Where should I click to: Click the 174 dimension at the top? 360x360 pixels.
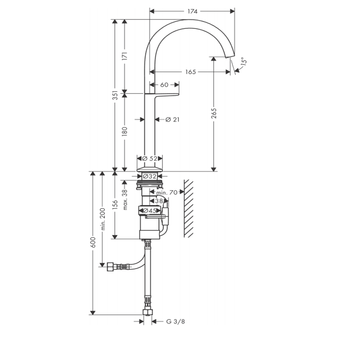[193, 11]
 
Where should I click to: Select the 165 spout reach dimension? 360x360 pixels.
[190, 72]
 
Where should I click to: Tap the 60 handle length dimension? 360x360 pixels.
[164, 85]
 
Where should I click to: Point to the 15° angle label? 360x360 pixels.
[244, 62]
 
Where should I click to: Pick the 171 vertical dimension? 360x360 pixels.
[125, 56]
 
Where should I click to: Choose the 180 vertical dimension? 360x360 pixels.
[125, 131]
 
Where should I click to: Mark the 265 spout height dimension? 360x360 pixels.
[214, 113]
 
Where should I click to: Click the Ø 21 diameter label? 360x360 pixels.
[172, 120]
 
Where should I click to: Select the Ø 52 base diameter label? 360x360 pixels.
[150, 158]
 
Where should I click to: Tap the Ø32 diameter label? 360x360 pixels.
[149, 176]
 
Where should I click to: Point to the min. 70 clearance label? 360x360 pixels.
[166, 193]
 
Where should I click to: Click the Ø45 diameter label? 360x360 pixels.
[149, 210]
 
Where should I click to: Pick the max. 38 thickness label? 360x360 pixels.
[125, 199]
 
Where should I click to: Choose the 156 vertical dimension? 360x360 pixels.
[115, 205]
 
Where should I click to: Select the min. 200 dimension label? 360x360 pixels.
[103, 219]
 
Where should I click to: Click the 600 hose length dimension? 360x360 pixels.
[93, 242]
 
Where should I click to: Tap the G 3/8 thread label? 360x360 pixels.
[175, 321]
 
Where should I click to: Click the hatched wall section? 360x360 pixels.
[189, 208]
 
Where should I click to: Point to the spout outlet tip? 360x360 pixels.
[230, 57]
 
